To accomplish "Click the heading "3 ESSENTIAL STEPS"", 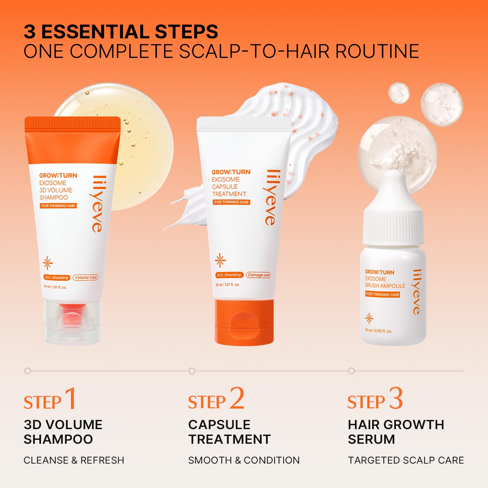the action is point(121,32).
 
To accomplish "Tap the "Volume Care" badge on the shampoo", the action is point(86,278).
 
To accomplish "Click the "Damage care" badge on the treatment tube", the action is point(258,275).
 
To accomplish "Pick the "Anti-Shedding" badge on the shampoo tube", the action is point(57,278).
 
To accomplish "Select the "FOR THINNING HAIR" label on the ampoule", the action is point(383,294).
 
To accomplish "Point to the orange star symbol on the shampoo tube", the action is point(48,263).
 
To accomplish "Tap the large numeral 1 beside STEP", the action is point(71,398).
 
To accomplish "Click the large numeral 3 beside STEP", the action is point(396,398).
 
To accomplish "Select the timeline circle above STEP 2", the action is point(192,371).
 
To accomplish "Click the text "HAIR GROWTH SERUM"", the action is point(396,432).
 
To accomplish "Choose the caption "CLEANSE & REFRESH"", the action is point(74,460).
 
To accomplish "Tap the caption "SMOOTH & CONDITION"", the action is point(244,460).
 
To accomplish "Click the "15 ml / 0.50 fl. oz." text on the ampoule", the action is point(378,331).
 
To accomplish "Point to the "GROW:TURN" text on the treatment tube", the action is point(231,172).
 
